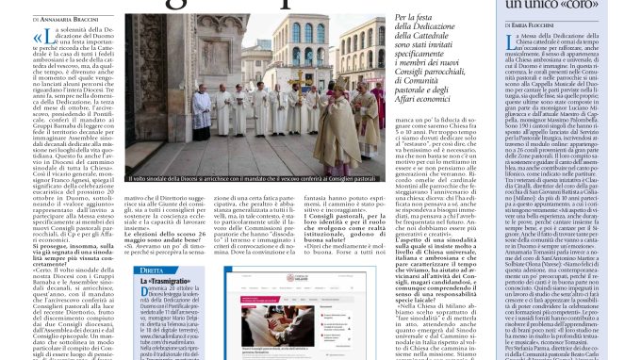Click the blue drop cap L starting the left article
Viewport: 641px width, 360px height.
pos(42,41)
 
